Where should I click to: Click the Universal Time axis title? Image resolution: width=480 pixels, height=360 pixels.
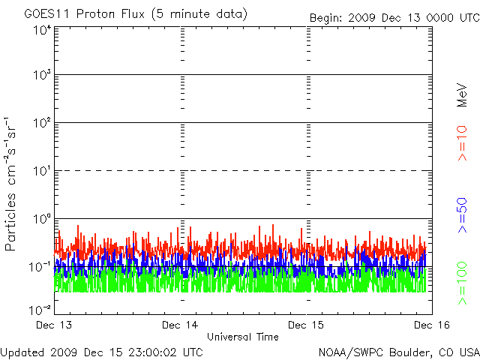coord(243,337)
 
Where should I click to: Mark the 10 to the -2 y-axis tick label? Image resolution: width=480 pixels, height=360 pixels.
coord(40,309)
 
